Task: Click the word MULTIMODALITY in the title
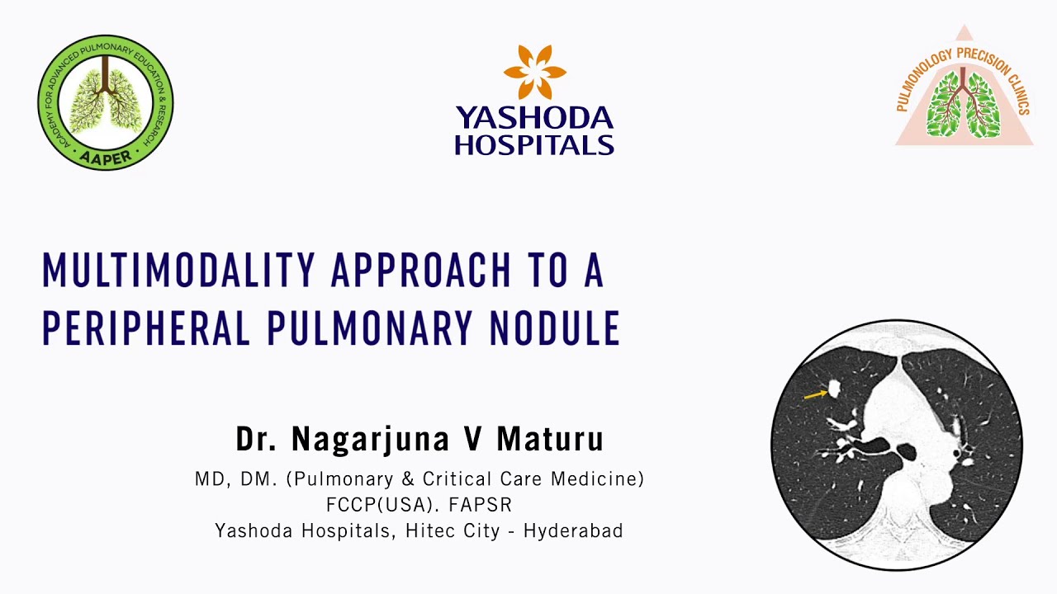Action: (x=178, y=271)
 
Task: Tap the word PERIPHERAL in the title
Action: (x=145, y=328)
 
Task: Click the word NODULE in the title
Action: (x=554, y=328)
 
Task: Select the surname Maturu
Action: (x=549, y=439)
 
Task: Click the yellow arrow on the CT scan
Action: (x=815, y=395)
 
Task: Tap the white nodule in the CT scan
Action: (x=834, y=386)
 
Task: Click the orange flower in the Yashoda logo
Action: (x=534, y=72)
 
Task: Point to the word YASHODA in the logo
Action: (x=534, y=119)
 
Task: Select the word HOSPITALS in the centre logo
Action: (x=534, y=145)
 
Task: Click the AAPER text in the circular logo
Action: (x=106, y=158)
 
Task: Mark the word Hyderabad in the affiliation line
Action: (x=573, y=530)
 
